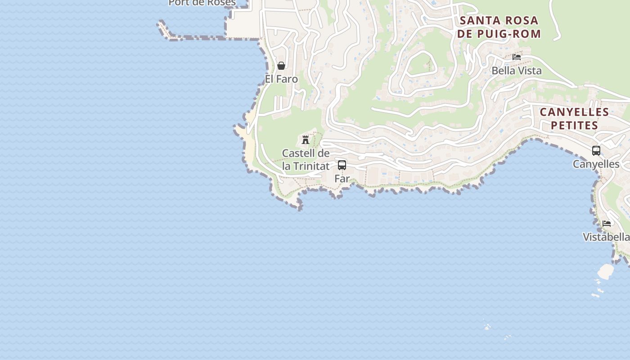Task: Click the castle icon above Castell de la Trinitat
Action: (x=306, y=139)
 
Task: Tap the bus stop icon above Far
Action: (x=342, y=165)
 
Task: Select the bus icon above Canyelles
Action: (x=596, y=151)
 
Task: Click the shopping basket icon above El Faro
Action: (x=281, y=66)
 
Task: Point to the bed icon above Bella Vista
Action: (x=517, y=57)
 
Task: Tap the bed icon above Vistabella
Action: (x=607, y=223)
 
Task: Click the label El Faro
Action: (x=281, y=79)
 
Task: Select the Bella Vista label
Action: (x=517, y=71)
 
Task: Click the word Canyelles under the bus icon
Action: (x=596, y=164)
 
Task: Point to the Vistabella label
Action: (x=606, y=237)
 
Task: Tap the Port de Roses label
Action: (x=202, y=3)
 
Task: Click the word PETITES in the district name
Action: (x=575, y=125)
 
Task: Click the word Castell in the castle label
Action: (x=296, y=153)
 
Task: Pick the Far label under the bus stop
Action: (x=342, y=178)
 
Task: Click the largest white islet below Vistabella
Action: (x=606, y=271)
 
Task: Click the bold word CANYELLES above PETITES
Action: (x=575, y=112)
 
